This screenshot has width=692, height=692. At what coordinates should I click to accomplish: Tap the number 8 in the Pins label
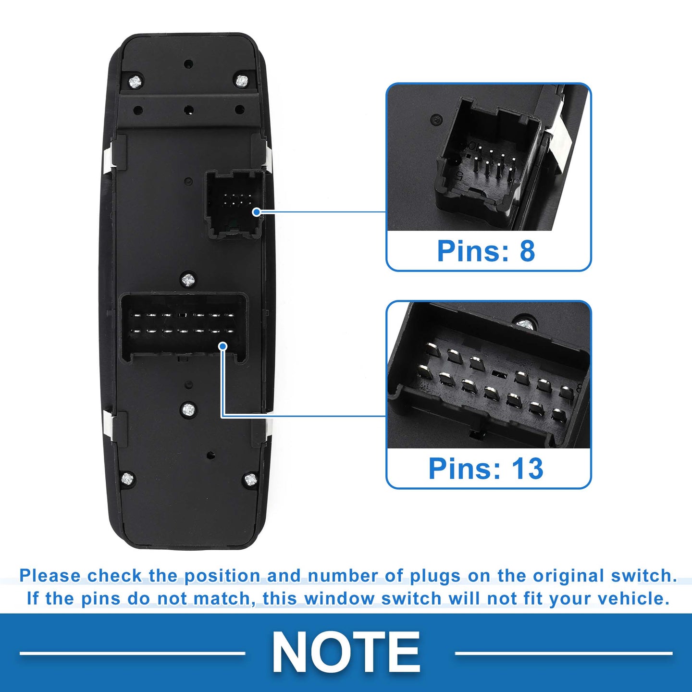pyautogui.click(x=527, y=251)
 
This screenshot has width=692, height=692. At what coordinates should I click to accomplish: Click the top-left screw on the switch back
pyautogui.click(x=136, y=82)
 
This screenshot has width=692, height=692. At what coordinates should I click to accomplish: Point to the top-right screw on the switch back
pyautogui.click(x=242, y=80)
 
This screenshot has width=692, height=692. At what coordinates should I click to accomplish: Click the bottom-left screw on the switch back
pyautogui.click(x=127, y=478)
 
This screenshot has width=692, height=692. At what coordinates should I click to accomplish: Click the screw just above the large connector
pyautogui.click(x=188, y=279)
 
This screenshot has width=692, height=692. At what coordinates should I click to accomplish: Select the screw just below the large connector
pyautogui.click(x=188, y=408)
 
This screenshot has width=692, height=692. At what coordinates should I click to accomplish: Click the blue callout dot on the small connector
pyautogui.click(x=257, y=212)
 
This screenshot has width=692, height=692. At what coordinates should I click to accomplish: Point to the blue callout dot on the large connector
pyautogui.click(x=223, y=346)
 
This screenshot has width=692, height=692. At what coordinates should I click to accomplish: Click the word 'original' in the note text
pyautogui.click(x=569, y=576)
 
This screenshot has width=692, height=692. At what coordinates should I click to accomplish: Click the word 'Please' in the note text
pyautogui.click(x=50, y=576)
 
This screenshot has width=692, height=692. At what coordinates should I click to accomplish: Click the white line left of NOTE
pyautogui.click(x=133, y=653)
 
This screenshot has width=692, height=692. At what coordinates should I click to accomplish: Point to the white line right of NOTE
pyautogui.click(x=563, y=653)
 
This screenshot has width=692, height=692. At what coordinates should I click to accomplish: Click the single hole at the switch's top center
pyautogui.click(x=188, y=64)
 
